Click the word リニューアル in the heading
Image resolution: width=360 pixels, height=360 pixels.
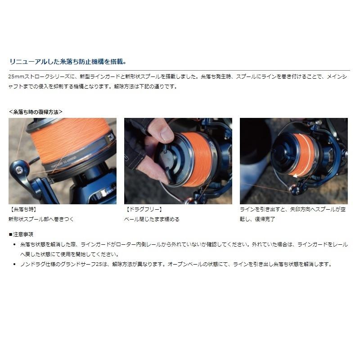(x=26, y=62)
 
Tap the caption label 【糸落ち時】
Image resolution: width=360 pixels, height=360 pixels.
(x=22, y=210)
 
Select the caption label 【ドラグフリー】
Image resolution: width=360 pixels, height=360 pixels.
(x=143, y=210)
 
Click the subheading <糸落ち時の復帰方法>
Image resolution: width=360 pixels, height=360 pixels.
(x=36, y=111)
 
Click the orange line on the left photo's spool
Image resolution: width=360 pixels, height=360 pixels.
(x=67, y=137)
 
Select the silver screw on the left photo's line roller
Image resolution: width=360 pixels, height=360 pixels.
(x=19, y=170)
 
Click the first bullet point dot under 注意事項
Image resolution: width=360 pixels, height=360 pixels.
(x=15, y=244)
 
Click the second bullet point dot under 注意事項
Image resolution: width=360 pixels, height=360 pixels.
(x=15, y=264)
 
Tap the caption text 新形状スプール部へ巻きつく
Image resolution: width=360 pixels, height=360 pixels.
(x=40, y=219)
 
